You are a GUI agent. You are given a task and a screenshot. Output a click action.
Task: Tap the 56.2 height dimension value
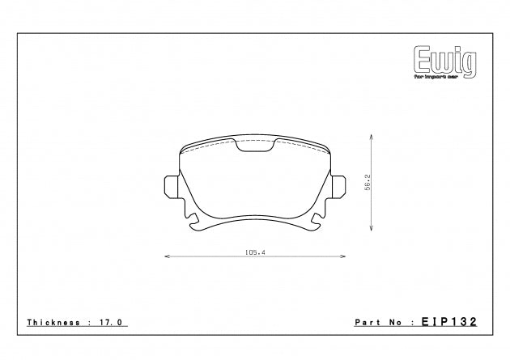point(367,181)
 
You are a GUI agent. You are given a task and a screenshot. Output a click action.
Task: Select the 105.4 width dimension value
point(255,253)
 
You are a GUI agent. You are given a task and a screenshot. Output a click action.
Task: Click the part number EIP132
point(448,322)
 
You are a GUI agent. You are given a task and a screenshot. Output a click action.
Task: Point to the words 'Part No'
point(378,323)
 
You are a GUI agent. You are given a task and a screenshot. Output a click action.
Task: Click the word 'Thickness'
point(53,323)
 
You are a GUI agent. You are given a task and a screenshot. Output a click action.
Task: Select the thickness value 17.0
point(113,323)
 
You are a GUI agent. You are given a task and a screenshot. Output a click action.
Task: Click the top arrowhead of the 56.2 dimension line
point(372,138)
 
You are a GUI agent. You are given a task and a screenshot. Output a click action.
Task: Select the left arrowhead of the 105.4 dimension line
point(166,257)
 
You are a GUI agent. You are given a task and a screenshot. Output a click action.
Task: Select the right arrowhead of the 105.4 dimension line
point(344,257)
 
